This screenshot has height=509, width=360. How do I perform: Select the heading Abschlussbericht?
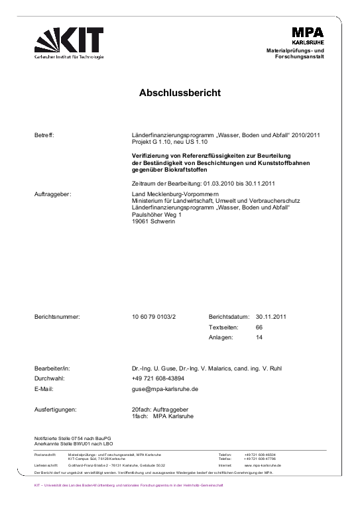click(x=180, y=93)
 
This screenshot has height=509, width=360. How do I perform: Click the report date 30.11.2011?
click(x=270, y=317)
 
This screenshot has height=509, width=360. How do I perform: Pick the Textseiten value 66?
click(x=259, y=327)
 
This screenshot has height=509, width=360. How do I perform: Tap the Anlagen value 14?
click(x=259, y=337)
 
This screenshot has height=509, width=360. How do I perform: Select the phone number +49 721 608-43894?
click(x=162, y=378)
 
